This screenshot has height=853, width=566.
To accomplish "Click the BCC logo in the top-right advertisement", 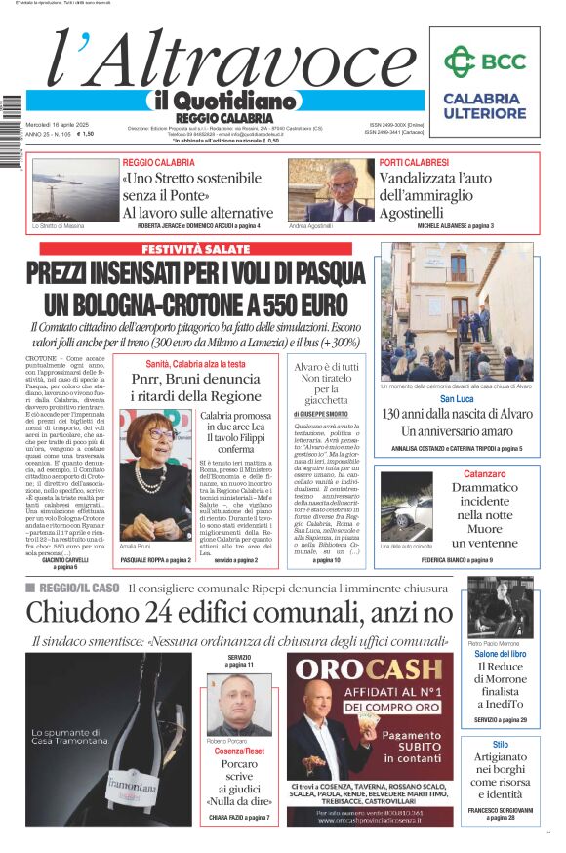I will [484, 61].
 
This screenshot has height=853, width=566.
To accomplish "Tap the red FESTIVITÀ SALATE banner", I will [195, 249].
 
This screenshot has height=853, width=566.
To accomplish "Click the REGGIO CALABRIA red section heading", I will [159, 162].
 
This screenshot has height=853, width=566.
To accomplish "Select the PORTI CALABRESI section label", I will [414, 162].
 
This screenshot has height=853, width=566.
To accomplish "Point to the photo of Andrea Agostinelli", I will [330, 189].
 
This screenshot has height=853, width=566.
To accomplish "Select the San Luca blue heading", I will [456, 400].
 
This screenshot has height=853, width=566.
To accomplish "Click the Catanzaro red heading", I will [490, 473].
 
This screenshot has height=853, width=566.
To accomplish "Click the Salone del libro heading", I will [500, 653].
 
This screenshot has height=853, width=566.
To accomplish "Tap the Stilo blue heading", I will [500, 745].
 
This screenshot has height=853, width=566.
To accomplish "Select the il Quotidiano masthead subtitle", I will [222, 101].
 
